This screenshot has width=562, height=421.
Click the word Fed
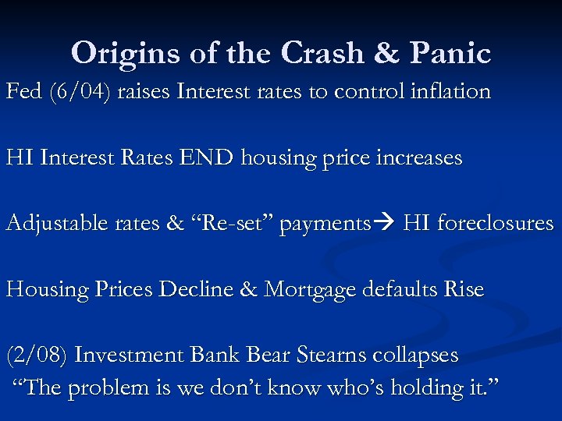point(23,92)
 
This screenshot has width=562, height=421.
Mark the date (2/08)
point(37,356)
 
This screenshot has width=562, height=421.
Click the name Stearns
point(329,356)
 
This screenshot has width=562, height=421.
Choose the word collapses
point(414,356)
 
